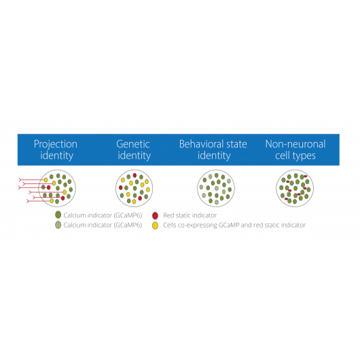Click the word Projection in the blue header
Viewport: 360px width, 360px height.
(55, 144)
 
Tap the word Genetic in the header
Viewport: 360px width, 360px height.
(133, 144)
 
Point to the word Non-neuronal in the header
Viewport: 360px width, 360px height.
(295, 144)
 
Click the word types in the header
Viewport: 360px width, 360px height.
(304, 156)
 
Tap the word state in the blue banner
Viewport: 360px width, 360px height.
(236, 144)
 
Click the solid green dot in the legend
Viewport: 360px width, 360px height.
(58, 215)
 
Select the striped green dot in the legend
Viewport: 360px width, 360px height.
(58, 225)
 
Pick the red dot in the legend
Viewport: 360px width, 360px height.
(155, 215)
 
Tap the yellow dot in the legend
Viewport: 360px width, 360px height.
(155, 226)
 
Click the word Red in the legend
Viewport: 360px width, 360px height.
(167, 215)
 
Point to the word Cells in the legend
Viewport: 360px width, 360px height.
(169, 225)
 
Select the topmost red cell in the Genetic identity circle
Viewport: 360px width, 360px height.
(134, 175)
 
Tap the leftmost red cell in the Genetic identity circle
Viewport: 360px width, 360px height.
(121, 187)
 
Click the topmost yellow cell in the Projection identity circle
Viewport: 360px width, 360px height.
(46, 180)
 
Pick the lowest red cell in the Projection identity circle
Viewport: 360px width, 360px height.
(63, 198)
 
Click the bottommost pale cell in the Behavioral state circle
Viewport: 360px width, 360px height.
(217, 202)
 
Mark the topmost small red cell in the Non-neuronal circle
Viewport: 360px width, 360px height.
(306, 177)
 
